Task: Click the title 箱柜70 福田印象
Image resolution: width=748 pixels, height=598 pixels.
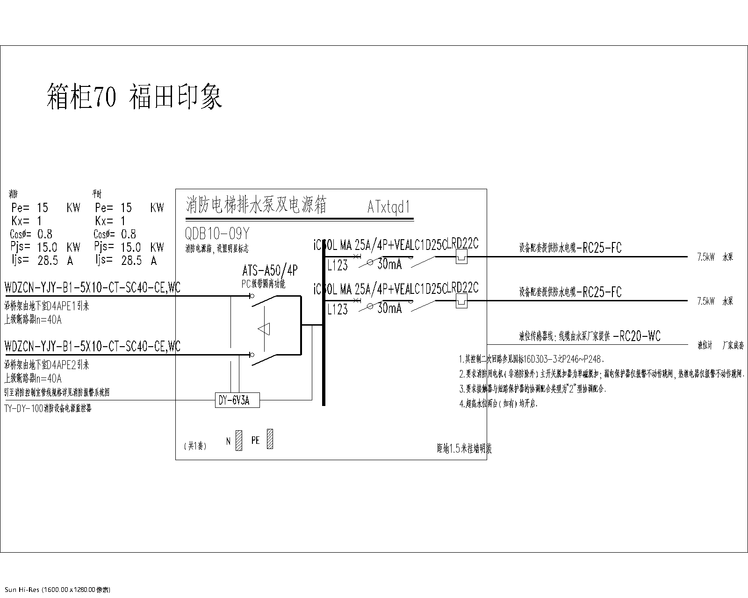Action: (x=135, y=97)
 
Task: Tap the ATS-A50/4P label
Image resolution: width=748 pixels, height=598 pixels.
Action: (x=270, y=271)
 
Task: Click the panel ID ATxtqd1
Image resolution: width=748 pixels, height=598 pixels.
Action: (x=388, y=207)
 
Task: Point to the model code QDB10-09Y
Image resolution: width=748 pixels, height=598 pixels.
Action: (x=216, y=233)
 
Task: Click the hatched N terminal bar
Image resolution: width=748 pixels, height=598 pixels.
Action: (x=239, y=441)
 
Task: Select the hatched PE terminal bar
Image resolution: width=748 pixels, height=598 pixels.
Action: (x=270, y=440)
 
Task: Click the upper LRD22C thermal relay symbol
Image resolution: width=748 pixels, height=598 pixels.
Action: (x=461, y=256)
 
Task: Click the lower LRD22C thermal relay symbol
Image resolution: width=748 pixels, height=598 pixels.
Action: (x=461, y=300)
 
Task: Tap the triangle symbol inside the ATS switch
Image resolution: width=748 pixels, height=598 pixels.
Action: (x=264, y=329)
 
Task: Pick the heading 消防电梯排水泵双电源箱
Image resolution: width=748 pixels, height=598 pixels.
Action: (x=257, y=205)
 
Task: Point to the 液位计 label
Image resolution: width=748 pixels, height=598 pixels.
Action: (x=705, y=346)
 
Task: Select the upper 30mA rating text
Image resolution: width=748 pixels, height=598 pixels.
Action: (x=389, y=264)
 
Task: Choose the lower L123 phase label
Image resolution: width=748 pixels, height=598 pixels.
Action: (x=338, y=309)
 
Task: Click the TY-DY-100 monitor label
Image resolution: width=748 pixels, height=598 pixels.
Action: (x=48, y=408)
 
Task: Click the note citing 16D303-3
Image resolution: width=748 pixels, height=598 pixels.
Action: (x=531, y=359)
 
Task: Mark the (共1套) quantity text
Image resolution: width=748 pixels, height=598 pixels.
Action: (x=195, y=446)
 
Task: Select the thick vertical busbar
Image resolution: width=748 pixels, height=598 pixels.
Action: (x=324, y=327)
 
